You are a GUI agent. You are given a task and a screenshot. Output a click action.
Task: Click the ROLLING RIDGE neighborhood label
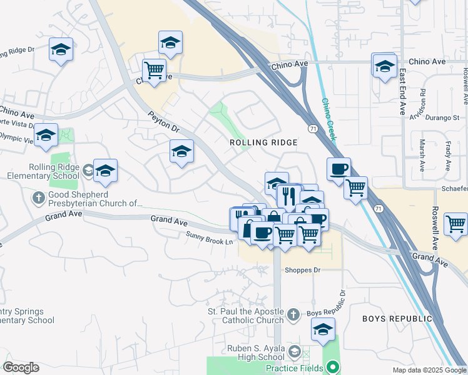click(263, 142)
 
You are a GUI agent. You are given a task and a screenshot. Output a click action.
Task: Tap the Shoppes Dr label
click(302, 270)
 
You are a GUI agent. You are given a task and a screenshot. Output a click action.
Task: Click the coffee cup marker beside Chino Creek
click(338, 168)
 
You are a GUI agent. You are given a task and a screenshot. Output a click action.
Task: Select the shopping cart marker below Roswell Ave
click(455, 223)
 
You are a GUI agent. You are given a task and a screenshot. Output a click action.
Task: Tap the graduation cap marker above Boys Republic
click(323, 329)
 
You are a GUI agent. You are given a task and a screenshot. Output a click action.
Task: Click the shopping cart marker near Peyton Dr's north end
click(153, 70)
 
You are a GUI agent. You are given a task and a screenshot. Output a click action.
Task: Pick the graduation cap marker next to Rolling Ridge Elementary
click(105, 170)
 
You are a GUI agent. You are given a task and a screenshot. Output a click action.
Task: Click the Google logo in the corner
click(21, 367)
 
